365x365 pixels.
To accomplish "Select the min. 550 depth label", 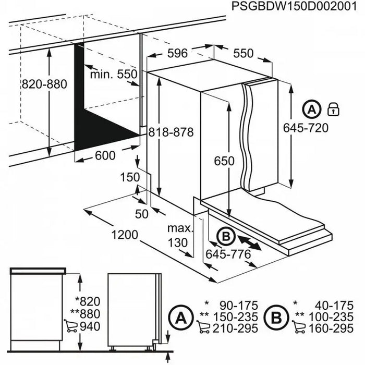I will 113,74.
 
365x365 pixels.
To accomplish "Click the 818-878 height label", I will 170,132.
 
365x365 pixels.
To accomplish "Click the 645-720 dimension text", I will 306,128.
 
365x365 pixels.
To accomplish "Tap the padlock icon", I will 332,110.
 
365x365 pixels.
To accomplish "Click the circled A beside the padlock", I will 311,110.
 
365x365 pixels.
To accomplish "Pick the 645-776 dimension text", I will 229,254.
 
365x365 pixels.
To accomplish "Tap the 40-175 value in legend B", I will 336,303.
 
